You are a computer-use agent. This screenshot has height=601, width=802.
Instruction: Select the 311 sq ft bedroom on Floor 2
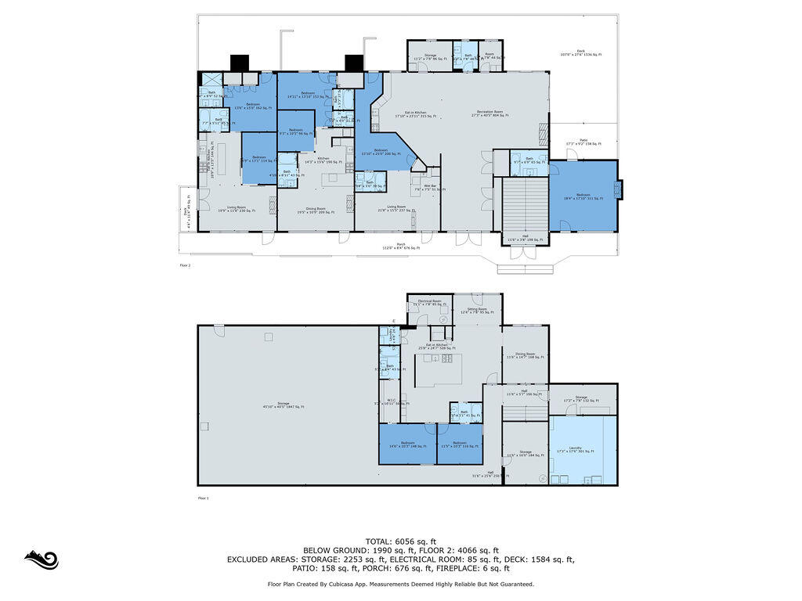583,197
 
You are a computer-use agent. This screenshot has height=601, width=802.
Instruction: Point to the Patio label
583,144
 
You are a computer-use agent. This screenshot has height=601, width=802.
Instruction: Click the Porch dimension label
401,247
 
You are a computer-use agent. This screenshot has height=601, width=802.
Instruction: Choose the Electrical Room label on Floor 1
429,303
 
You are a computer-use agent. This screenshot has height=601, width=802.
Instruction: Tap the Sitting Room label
478,311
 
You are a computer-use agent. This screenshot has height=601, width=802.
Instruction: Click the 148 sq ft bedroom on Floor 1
407,444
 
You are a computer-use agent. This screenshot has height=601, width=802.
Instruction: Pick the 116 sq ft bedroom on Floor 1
460,444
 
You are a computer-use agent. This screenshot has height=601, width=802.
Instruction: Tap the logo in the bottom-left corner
41,559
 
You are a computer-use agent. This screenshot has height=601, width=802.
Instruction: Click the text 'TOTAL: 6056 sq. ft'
400,542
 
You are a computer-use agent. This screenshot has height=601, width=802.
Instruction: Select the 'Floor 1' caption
204,498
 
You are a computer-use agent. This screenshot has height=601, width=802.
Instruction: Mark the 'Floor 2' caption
185,265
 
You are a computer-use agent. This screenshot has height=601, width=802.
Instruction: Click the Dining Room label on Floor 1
525,355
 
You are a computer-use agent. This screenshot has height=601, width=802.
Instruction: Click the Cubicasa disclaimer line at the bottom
400,584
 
